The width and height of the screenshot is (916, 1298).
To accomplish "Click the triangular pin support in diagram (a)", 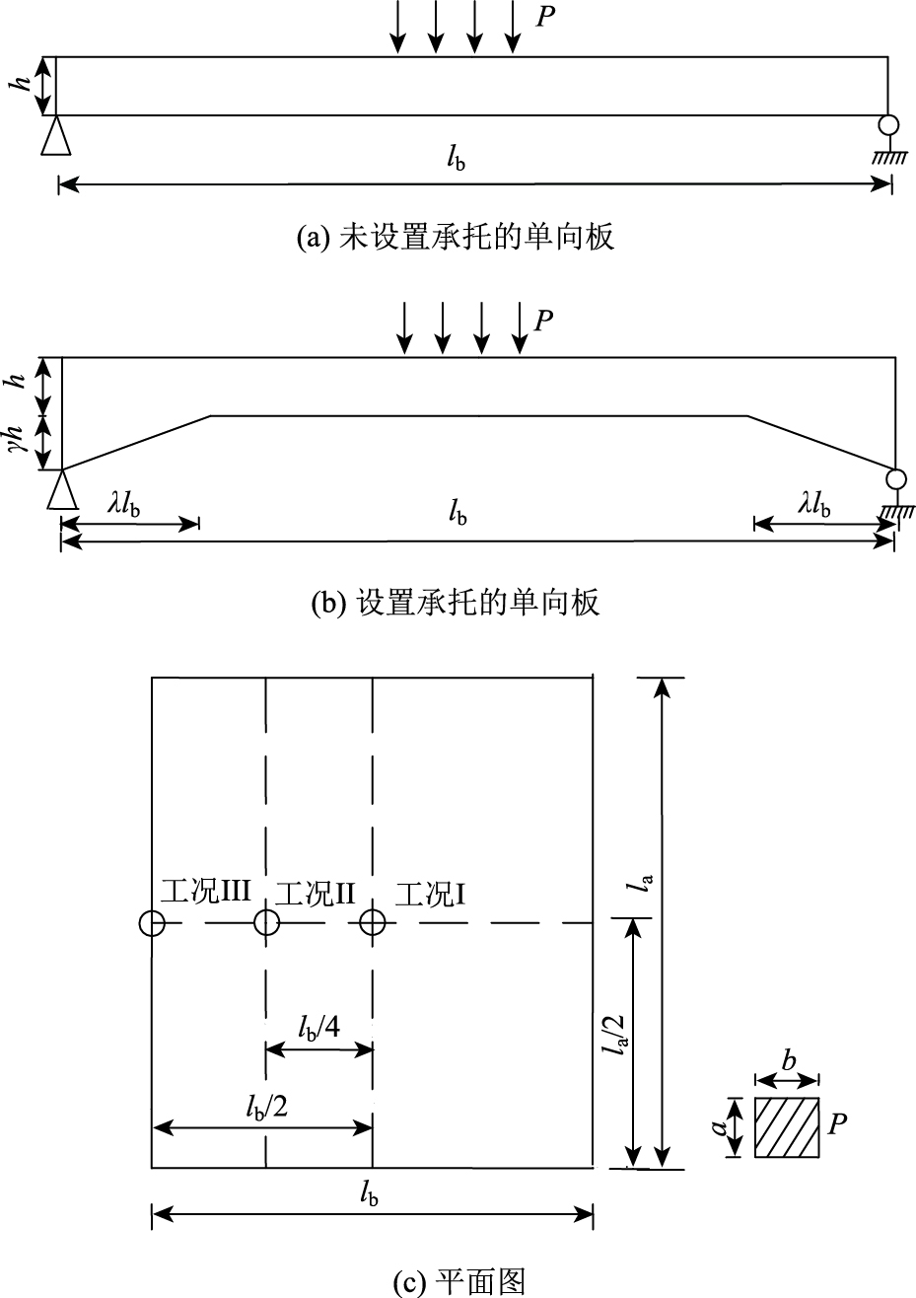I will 56,136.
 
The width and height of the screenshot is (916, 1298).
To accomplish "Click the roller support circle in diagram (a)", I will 888,125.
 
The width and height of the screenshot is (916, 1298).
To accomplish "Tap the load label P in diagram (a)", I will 543,18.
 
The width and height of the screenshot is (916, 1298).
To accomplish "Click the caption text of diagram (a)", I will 457,238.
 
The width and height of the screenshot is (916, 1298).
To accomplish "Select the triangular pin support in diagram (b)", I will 62,489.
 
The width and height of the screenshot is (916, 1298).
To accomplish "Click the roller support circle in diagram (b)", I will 895,479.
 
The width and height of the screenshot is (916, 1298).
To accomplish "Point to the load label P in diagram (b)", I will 543,321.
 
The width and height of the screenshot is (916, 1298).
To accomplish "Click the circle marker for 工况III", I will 152,923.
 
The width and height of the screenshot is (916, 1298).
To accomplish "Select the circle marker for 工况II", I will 267,923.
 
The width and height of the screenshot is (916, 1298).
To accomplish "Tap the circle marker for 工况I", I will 372,923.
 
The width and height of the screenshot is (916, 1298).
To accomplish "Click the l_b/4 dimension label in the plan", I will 319,1027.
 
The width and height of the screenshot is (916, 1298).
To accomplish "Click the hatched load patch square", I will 787,1126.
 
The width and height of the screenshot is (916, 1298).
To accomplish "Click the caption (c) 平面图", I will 458,1281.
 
